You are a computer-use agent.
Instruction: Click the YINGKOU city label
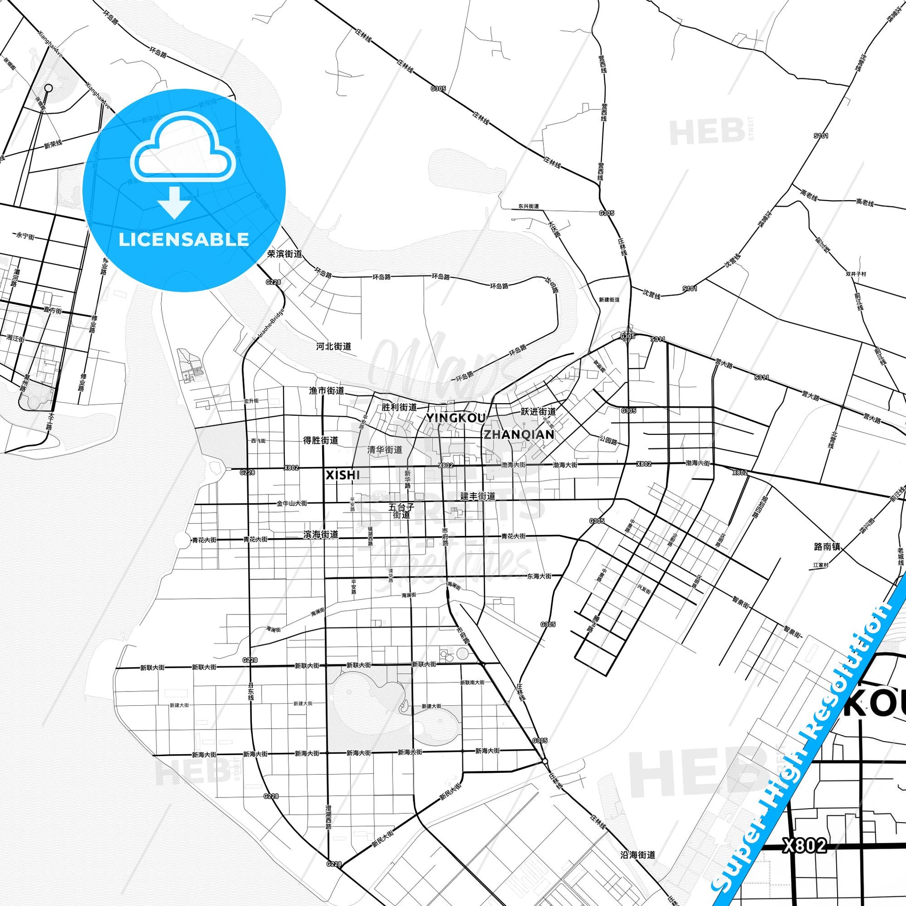pos(455,418)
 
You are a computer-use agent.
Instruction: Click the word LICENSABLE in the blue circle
pos(183,239)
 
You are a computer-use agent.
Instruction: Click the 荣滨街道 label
pos(284,254)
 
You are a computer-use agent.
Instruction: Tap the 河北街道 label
pos(333,346)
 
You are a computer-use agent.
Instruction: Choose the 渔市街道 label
pos(326,391)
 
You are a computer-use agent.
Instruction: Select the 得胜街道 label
pos(321,440)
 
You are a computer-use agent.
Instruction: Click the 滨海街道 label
pos(321,534)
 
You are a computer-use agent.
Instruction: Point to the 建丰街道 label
pos(477,496)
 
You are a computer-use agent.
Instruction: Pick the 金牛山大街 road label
pos(292,503)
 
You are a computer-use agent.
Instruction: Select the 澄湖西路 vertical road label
pos(328,818)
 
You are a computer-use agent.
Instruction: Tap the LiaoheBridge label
pos(272,324)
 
